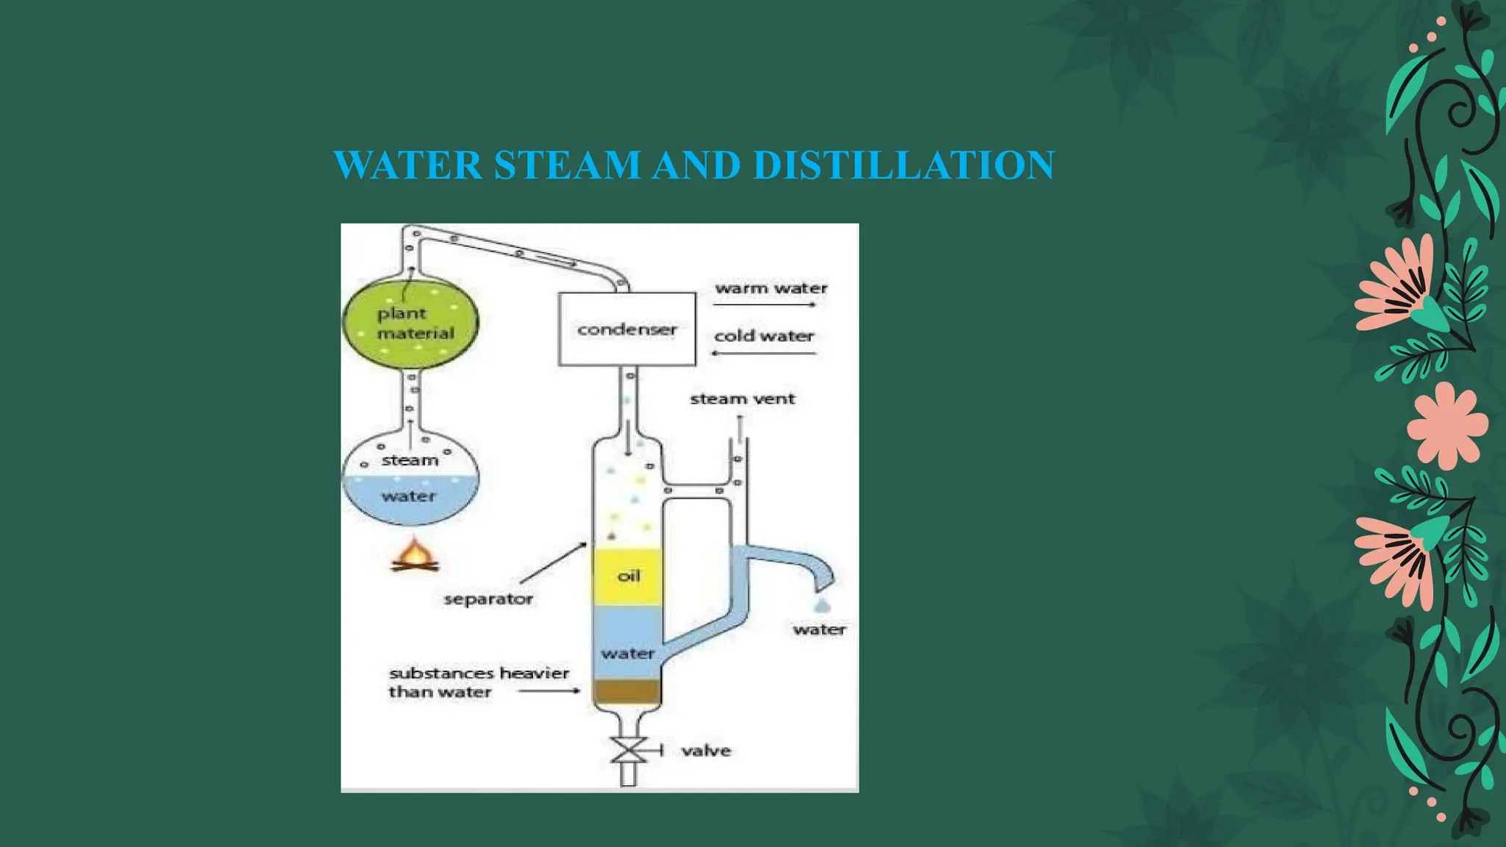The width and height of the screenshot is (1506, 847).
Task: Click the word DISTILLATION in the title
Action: coord(904,165)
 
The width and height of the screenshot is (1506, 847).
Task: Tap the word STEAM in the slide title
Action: coord(567,165)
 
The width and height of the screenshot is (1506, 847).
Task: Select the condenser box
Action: coord(627,329)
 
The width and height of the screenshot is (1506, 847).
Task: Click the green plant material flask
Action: coord(410,324)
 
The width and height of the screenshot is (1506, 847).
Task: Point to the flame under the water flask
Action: coord(415,556)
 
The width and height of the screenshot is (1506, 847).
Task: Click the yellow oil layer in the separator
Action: coord(627,576)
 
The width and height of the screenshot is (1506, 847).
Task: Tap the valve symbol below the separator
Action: coord(629,751)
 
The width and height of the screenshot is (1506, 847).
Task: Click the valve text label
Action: coord(706,751)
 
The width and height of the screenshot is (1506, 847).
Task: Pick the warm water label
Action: coord(771,288)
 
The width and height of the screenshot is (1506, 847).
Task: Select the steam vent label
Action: coord(742,399)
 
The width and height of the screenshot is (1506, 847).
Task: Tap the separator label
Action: coord(488,599)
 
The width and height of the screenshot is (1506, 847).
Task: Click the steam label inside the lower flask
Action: coord(410,461)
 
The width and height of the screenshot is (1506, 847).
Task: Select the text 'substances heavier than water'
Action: coord(478,682)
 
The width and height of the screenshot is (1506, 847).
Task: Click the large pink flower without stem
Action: coord(1446,426)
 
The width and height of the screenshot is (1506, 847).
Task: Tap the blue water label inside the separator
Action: coord(627,654)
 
